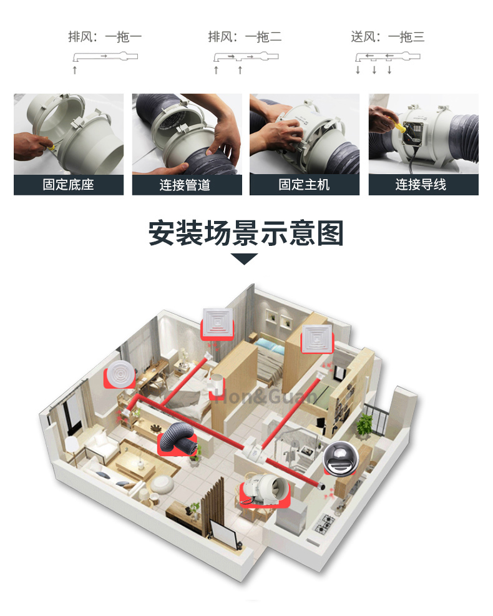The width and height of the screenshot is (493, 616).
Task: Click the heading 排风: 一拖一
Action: pyautogui.click(x=105, y=37)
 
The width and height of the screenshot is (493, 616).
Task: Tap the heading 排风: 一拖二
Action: pyautogui.click(x=245, y=37)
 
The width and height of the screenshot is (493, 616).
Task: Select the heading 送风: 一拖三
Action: pyautogui.click(x=388, y=37)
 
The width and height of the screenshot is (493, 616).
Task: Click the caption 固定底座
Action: pyautogui.click(x=69, y=185)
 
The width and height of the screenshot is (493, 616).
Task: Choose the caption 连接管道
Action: pyautogui.click(x=185, y=185)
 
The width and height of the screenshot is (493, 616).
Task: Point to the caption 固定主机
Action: pyautogui.click(x=304, y=185)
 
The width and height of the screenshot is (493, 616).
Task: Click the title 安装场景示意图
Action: pyautogui.click(x=246, y=233)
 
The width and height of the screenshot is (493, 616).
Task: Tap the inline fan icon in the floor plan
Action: pyautogui.click(x=265, y=490)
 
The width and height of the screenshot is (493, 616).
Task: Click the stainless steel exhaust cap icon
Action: pyautogui.click(x=341, y=459)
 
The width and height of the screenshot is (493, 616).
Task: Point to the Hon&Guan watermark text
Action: pyautogui.click(x=266, y=396)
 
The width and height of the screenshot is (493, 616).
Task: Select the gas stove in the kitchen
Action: pyautogui.click(x=325, y=523)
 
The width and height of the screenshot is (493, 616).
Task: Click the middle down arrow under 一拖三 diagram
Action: pyautogui.click(x=374, y=70)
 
